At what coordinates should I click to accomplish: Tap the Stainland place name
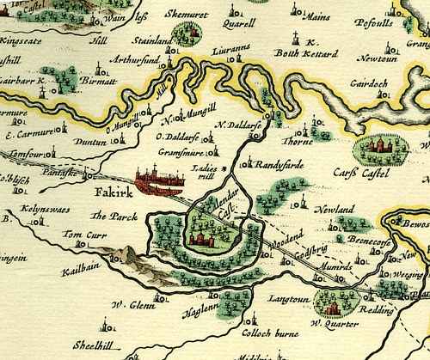tap(153, 40)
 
